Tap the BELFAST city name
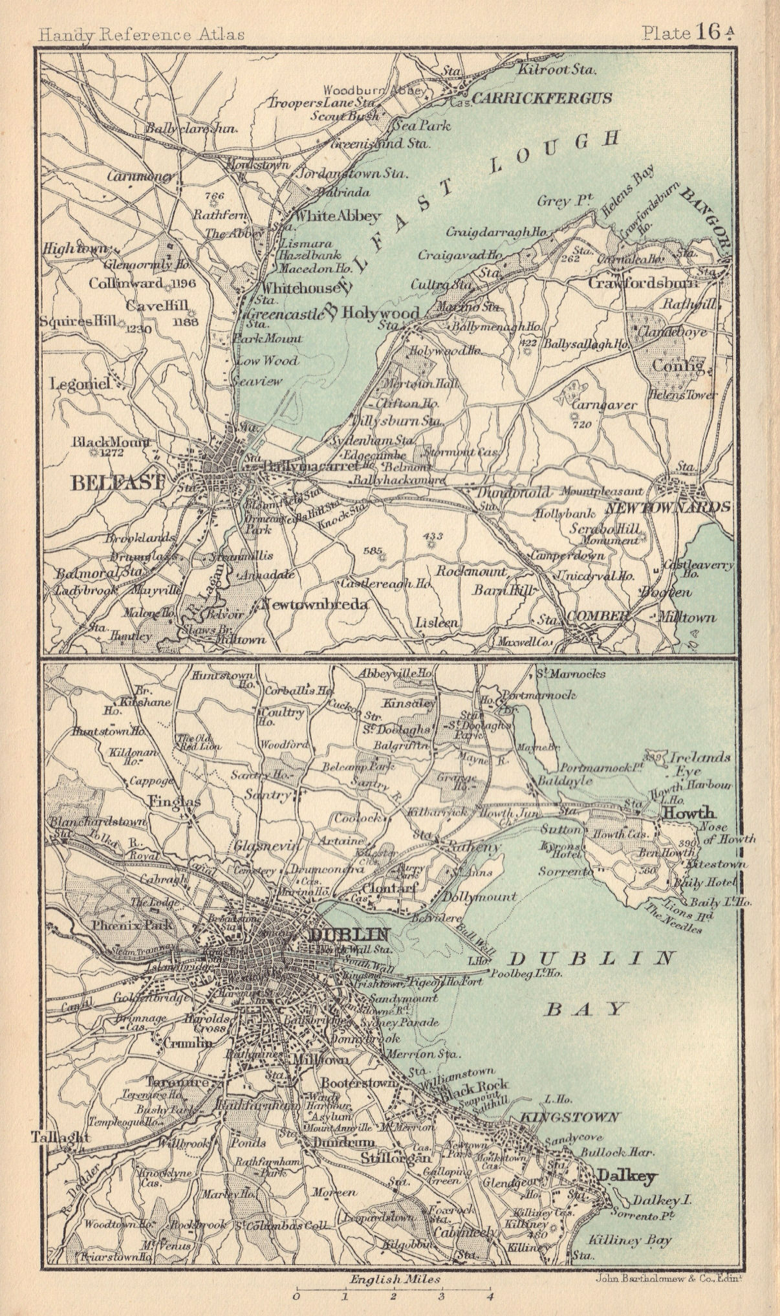109,482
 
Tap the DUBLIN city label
350,934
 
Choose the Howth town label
687,812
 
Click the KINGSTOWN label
569,1117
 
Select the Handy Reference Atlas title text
141,34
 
